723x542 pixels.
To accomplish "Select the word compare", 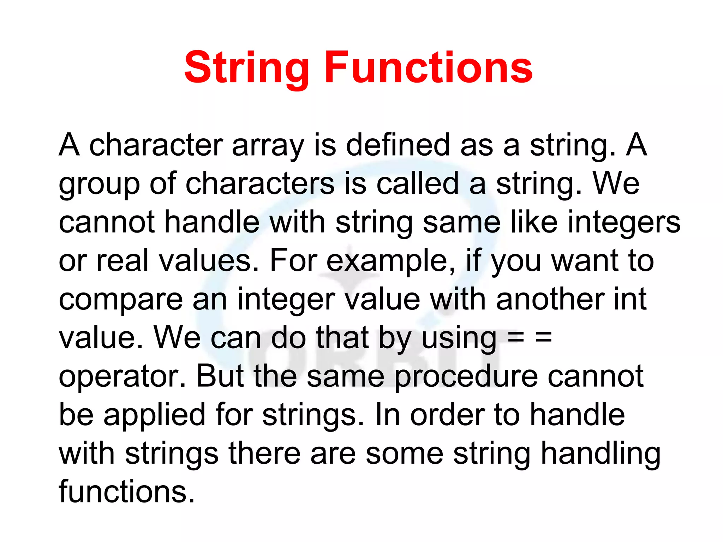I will pos(121,300).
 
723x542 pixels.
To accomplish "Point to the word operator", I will pos(122,377).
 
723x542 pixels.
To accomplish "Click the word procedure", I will pos(466,377).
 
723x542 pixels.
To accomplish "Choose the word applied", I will pos(154,415).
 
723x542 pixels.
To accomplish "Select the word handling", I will pos(600,454).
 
